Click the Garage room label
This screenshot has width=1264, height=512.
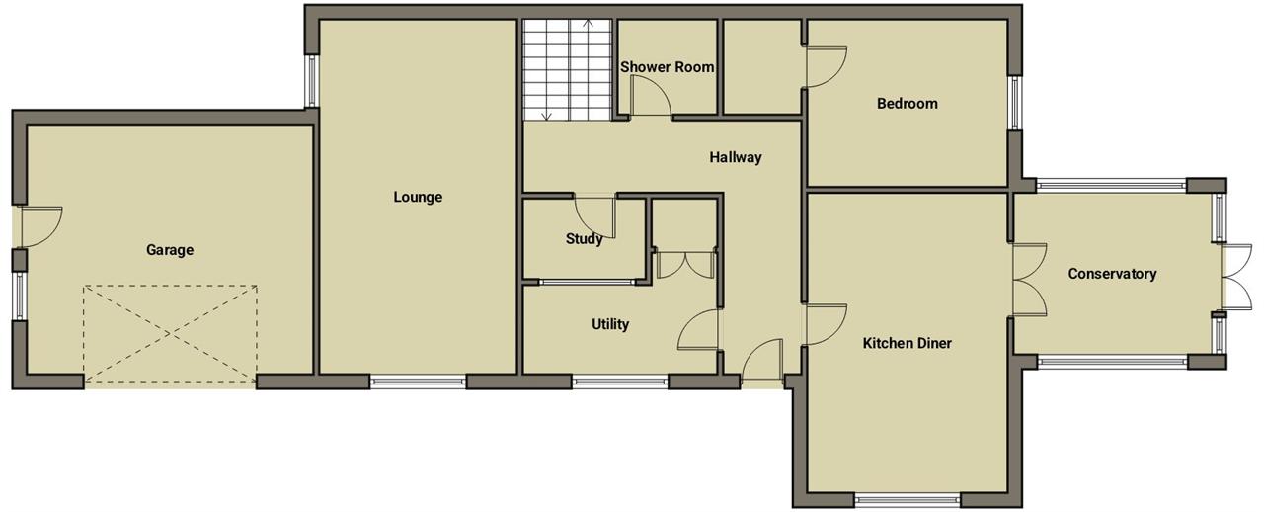(170, 250)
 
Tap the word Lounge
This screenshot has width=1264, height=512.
(418, 198)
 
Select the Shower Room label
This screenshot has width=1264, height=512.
(667, 67)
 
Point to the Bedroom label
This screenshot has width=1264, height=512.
(908, 104)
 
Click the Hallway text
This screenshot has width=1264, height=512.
(736, 157)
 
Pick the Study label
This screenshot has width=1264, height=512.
(584, 239)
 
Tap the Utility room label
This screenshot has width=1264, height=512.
(610, 324)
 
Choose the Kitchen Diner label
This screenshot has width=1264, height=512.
(908, 343)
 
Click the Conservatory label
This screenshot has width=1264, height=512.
(1112, 274)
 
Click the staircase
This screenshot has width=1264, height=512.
(568, 69)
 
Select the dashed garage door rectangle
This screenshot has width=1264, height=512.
(171, 336)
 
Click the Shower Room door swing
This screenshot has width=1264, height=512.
(651, 96)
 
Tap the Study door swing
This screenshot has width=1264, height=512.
(594, 217)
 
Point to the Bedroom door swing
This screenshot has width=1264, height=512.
(827, 66)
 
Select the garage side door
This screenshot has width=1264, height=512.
(40, 226)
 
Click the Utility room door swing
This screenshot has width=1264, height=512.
(698, 329)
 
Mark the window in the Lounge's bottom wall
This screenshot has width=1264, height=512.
(418, 382)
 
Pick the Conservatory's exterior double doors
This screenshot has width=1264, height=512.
(1237, 277)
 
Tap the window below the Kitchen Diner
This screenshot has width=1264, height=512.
(908, 499)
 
